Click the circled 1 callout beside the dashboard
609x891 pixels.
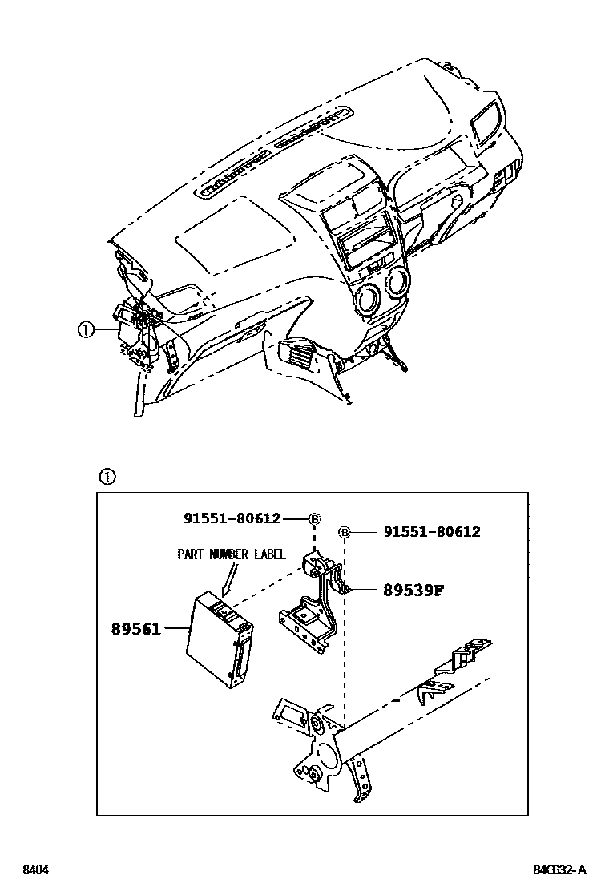86,329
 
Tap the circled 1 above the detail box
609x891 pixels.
107,477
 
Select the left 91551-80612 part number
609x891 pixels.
232,518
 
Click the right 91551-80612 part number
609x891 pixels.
432,531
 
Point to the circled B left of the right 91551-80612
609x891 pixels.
345,532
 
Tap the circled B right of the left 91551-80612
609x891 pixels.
315,519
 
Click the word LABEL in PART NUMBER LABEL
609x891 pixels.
266,554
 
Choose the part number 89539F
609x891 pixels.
413,591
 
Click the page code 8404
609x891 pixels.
34,869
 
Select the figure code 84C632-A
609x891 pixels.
560,869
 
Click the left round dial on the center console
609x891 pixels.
369,300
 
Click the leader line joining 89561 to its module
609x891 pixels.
175,629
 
